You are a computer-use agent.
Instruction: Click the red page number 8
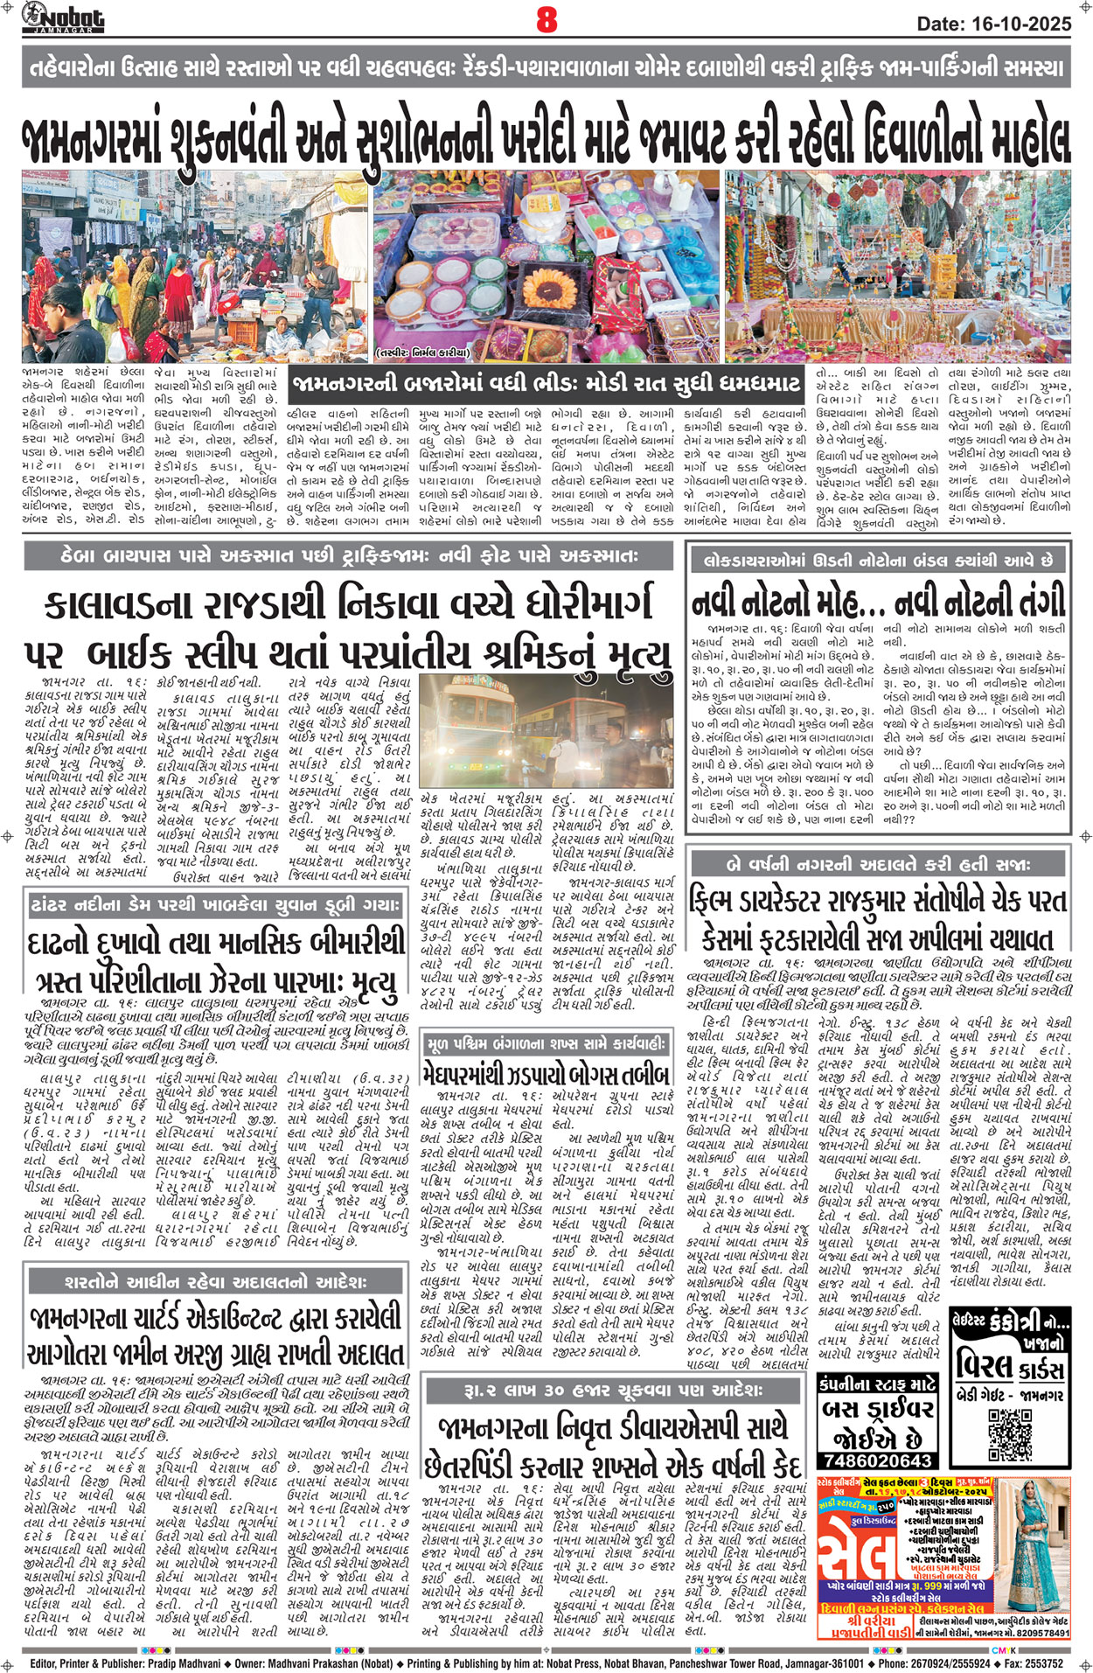[546, 18]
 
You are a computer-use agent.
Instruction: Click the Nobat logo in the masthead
[63, 17]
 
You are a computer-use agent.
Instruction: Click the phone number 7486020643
[876, 1460]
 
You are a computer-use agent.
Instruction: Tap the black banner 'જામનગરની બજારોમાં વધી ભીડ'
[546, 383]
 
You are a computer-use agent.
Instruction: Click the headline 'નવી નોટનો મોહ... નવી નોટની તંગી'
[878, 603]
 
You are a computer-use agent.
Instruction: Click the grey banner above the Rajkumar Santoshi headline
[878, 864]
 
